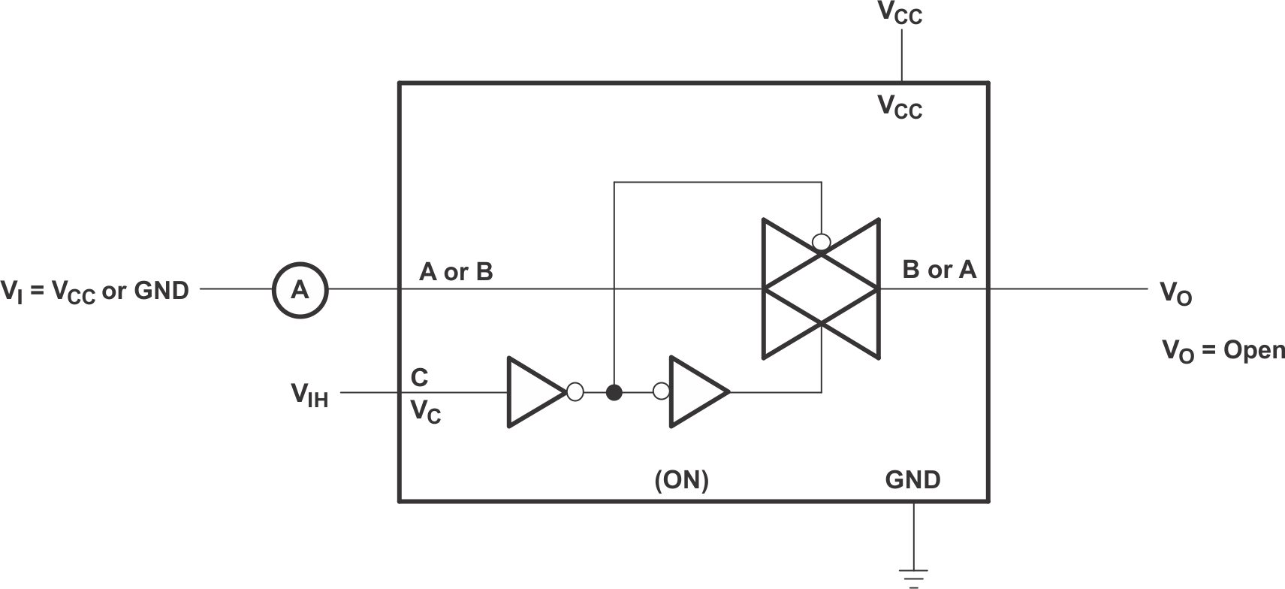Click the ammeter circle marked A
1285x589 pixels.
pyautogui.click(x=300, y=289)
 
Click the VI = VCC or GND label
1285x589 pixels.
pyautogui.click(x=95, y=291)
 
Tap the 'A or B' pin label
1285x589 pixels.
pyautogui.click(x=456, y=271)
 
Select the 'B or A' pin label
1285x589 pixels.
pyautogui.click(x=939, y=269)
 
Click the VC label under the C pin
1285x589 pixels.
pyautogui.click(x=425, y=412)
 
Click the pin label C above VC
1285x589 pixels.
pyautogui.click(x=419, y=376)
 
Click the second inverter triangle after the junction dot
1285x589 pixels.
pyautogui.click(x=695, y=392)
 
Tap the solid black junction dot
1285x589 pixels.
pyautogui.click(x=614, y=392)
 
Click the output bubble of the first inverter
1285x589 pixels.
pyautogui.click(x=575, y=392)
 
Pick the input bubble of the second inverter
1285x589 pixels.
pyautogui.click(x=662, y=391)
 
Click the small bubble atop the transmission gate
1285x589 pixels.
pyautogui.click(x=822, y=242)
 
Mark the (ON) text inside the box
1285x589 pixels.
pyautogui.click(x=681, y=479)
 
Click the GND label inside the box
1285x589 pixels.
pyautogui.click(x=912, y=479)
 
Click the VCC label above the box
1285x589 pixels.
pyautogui.click(x=900, y=14)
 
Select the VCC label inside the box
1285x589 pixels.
pyautogui.click(x=900, y=107)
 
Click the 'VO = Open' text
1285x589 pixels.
pyautogui.click(x=1223, y=350)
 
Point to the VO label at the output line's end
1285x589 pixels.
pyautogui.click(x=1175, y=293)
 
